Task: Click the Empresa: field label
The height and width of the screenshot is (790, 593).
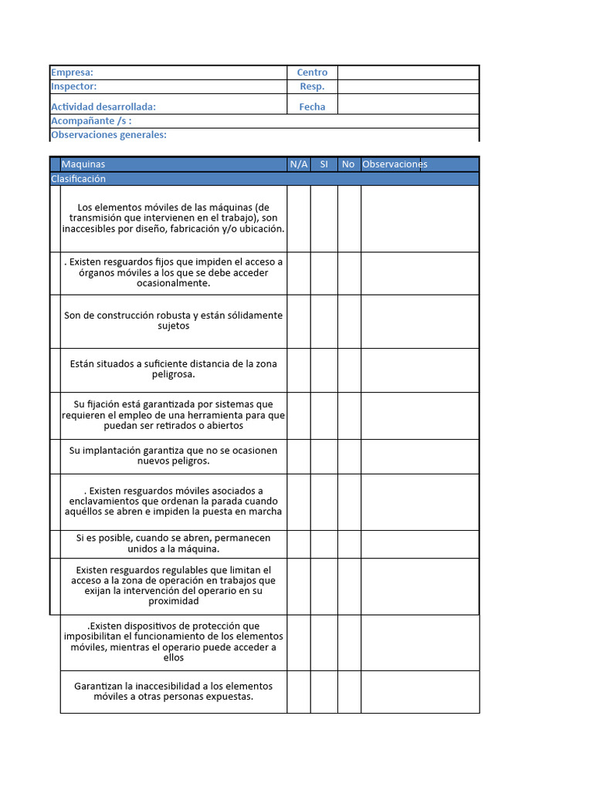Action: pos(72,73)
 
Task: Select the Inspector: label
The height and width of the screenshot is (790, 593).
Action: pos(74,86)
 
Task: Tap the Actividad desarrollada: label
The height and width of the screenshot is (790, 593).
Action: pos(103,107)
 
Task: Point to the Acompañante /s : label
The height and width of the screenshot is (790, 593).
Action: pos(91,121)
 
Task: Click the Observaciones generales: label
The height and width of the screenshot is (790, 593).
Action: pos(109,135)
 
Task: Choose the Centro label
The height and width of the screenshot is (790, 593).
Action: pos(312,73)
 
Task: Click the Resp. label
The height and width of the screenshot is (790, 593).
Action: pos(312,86)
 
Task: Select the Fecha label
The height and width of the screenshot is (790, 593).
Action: pos(312,107)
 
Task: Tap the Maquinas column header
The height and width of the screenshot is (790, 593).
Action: pos(83,164)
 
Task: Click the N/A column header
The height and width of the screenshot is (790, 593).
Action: pos(299,164)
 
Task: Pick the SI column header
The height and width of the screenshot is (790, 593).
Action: pos(324,164)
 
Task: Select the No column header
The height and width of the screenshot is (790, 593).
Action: pos(348,164)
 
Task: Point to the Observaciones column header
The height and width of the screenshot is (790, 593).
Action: pos(395,164)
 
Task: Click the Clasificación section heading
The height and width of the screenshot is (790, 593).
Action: pos(78,179)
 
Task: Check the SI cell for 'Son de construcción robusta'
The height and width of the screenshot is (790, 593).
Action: pos(324,321)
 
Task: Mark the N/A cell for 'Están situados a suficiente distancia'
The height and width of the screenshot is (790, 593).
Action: pos(299,370)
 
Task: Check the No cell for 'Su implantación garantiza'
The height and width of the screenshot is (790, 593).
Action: pos(348,456)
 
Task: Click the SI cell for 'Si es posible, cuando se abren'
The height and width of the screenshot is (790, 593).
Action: pos(324,544)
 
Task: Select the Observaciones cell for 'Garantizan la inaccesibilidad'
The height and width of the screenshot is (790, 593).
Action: pos(419,691)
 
